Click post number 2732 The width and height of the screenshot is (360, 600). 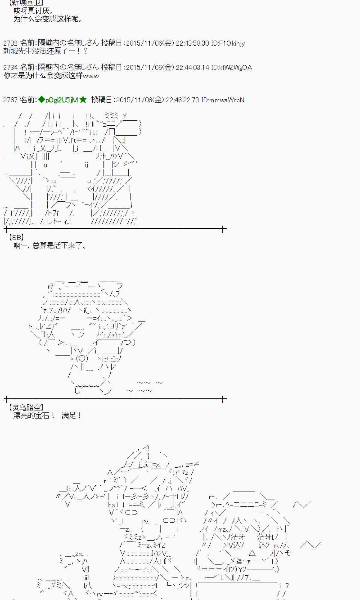[10, 43]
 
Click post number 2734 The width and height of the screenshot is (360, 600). [10, 67]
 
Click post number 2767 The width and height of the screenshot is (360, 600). [10, 100]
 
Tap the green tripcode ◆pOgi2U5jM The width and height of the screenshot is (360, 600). [58, 100]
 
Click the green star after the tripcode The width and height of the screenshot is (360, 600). [83, 100]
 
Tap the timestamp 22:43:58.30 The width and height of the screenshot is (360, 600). [192, 43]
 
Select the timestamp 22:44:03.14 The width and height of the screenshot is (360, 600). [192, 67]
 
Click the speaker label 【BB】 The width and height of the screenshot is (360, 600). [16, 238]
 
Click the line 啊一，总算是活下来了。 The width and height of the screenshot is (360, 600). [50, 246]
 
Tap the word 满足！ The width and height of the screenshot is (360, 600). [71, 416]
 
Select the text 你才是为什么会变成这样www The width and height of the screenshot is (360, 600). [51, 76]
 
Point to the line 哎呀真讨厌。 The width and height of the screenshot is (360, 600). [34, 11]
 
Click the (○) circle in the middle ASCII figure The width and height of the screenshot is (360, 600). [82, 358]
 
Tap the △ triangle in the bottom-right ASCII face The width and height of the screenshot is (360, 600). [252, 553]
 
